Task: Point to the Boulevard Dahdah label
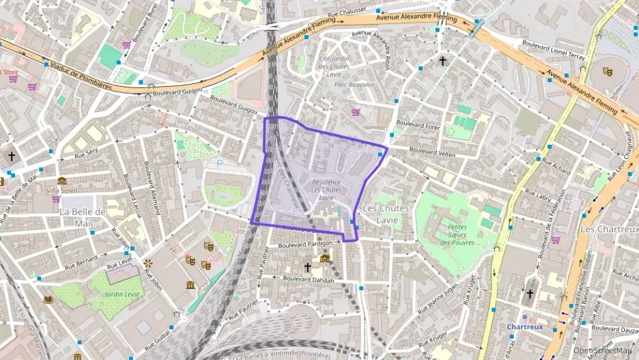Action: tap(309, 279)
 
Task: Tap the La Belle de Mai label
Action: tap(83, 217)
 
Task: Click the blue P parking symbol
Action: tap(219, 163)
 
